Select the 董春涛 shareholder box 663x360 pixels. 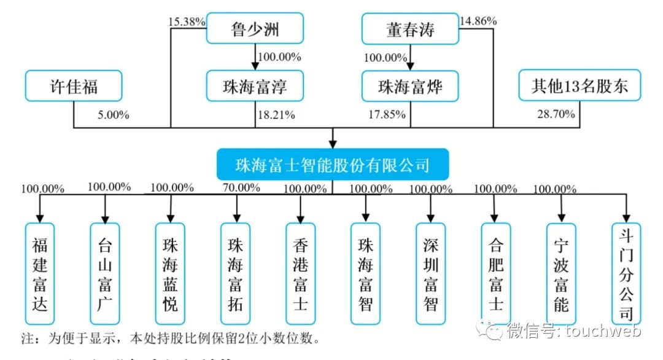click(x=410, y=29)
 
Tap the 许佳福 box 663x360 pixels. click(x=74, y=86)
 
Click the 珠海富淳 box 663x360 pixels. click(x=255, y=86)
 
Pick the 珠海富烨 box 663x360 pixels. click(x=410, y=86)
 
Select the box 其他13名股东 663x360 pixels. click(x=580, y=86)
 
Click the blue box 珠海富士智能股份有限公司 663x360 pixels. click(x=332, y=165)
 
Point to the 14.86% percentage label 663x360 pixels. click(x=479, y=20)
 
